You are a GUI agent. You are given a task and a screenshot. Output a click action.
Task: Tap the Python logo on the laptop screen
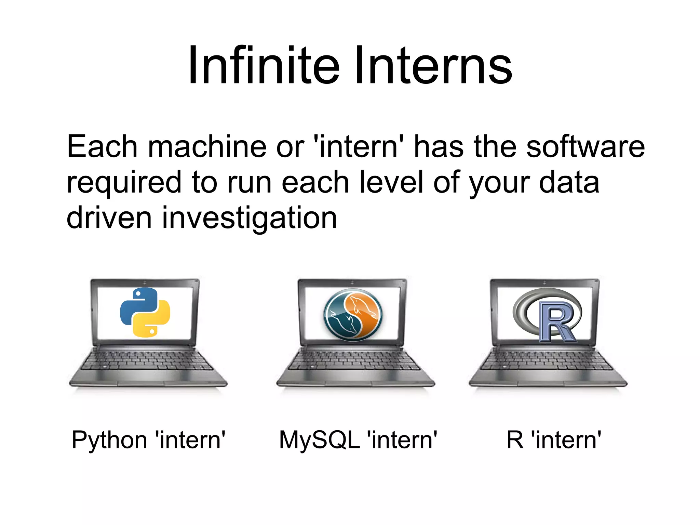145,312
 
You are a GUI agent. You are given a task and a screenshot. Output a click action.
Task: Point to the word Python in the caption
109,440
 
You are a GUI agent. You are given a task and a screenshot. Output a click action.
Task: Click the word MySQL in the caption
319,439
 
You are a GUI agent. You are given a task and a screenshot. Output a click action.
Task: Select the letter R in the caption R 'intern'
515,439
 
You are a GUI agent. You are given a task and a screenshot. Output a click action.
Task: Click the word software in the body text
585,146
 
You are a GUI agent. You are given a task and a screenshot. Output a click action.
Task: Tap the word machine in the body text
207,146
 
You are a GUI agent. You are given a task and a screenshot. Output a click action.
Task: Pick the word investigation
250,218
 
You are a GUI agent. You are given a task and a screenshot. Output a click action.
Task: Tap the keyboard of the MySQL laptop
355,361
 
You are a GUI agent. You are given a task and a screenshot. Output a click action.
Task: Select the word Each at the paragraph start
102,146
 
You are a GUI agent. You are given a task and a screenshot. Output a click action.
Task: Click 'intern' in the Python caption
190,439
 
